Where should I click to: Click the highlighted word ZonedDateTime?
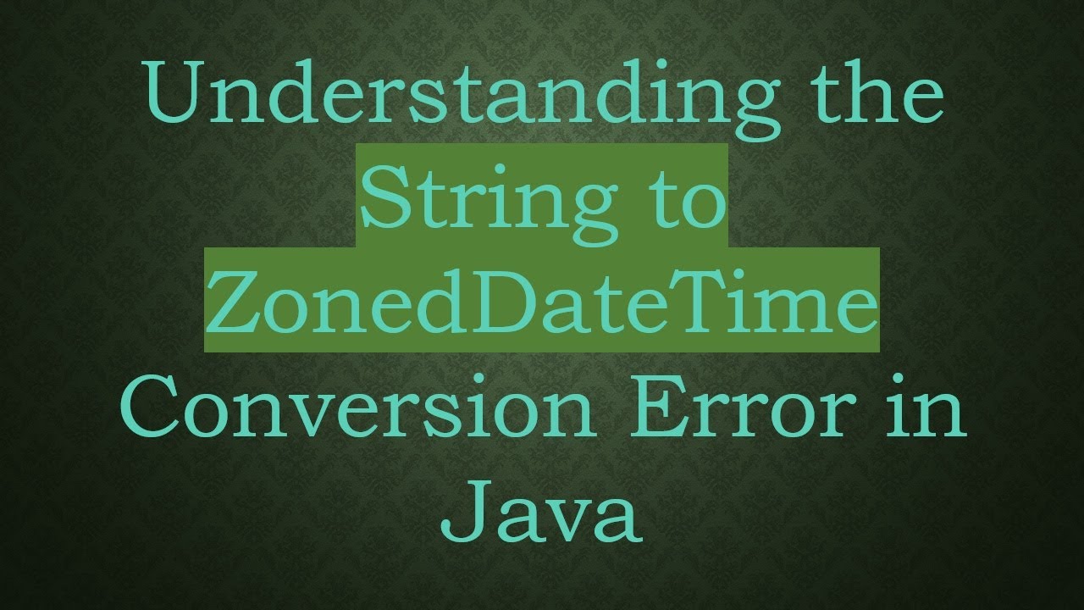click(541, 301)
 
